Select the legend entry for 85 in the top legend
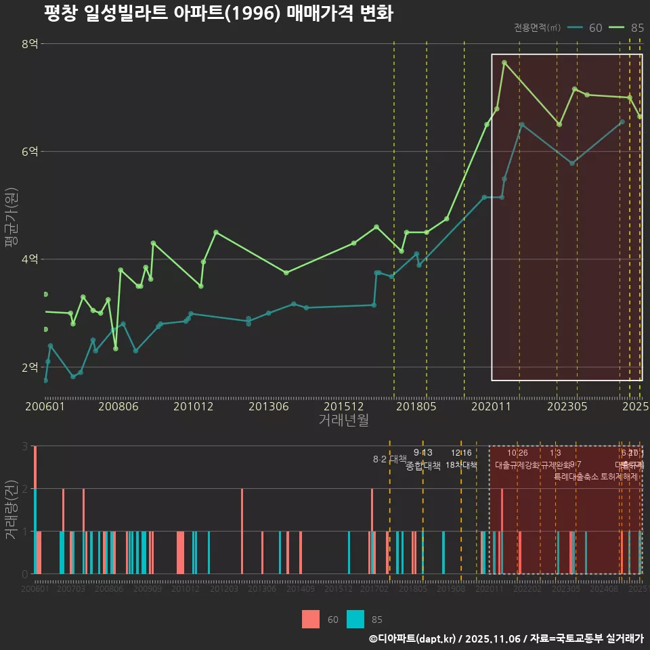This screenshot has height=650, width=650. click(x=626, y=28)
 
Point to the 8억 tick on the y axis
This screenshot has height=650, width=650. click(x=30, y=44)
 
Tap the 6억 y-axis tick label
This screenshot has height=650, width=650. click(x=30, y=152)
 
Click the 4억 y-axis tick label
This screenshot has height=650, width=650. click(x=30, y=259)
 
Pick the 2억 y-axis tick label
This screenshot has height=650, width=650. click(x=30, y=367)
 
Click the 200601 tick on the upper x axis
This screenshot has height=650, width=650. click(x=45, y=407)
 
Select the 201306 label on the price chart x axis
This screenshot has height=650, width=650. click(x=268, y=407)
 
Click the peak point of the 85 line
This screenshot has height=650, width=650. click(x=504, y=62)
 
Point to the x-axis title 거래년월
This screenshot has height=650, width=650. click(x=343, y=420)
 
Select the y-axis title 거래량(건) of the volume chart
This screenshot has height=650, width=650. click(x=10, y=510)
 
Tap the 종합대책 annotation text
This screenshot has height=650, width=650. click(x=423, y=466)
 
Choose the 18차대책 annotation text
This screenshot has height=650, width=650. click(x=461, y=465)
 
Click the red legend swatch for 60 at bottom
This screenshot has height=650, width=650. click(x=311, y=619)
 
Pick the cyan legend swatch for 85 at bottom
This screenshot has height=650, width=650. click(x=355, y=619)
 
